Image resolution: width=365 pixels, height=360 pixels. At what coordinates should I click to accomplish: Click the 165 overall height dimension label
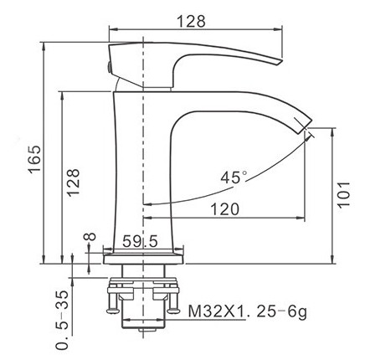pyautogui.click(x=35, y=159)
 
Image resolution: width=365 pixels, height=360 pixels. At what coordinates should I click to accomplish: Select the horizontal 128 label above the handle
pyautogui.click(x=192, y=21)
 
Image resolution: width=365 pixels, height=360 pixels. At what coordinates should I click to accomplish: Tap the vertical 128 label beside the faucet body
pyautogui.click(x=73, y=183)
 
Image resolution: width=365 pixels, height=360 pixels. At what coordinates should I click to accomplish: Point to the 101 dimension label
pyautogui.click(x=343, y=195)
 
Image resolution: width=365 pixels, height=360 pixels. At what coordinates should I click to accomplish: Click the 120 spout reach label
pyautogui.click(x=224, y=209)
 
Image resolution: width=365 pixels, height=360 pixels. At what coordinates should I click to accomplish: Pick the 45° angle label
pyautogui.click(x=234, y=177)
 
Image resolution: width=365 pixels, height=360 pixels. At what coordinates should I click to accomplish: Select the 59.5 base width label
pyautogui.click(x=140, y=241)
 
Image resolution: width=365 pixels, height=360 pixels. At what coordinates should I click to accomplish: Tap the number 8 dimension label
pyautogui.click(x=90, y=237)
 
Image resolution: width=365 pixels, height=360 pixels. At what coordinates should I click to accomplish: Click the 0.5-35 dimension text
pyautogui.click(x=62, y=320)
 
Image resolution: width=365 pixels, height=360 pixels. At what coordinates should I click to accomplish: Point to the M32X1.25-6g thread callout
pyautogui.click(x=248, y=311)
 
